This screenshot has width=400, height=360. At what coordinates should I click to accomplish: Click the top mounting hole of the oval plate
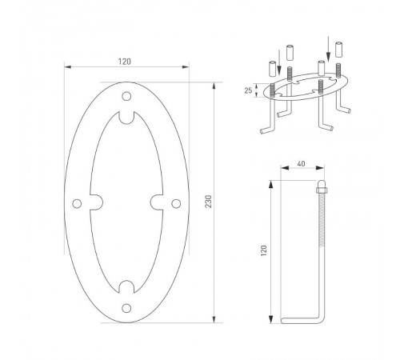[x=126, y=97]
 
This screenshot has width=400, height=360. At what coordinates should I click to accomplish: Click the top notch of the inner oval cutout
[x=126, y=120]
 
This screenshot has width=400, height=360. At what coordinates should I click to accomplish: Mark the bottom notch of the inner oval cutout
[x=126, y=284]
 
